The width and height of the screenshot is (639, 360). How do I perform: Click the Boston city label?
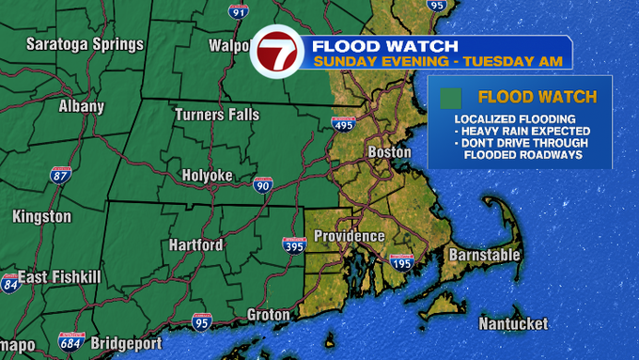(x=389, y=151)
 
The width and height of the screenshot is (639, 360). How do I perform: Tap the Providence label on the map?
(x=349, y=236)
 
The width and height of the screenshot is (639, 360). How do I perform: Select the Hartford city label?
(x=195, y=245)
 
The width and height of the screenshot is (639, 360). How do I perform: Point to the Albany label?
(x=81, y=106)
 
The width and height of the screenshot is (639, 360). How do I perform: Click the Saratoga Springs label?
(x=85, y=44)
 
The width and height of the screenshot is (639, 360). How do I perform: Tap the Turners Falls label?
(x=217, y=115)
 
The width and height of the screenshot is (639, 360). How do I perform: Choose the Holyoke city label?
(x=206, y=176)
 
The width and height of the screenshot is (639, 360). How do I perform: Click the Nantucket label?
(x=512, y=323)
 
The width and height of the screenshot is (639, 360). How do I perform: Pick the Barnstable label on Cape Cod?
(x=484, y=255)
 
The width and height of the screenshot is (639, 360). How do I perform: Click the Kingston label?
(x=41, y=217)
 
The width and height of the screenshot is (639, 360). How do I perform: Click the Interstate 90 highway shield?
(x=263, y=186)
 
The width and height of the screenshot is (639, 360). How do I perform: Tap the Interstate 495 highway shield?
(x=343, y=124)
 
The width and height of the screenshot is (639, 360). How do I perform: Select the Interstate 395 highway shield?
(x=294, y=245)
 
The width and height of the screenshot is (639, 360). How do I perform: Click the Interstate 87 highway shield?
(x=61, y=176)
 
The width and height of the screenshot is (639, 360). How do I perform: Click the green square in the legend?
(x=452, y=97)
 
